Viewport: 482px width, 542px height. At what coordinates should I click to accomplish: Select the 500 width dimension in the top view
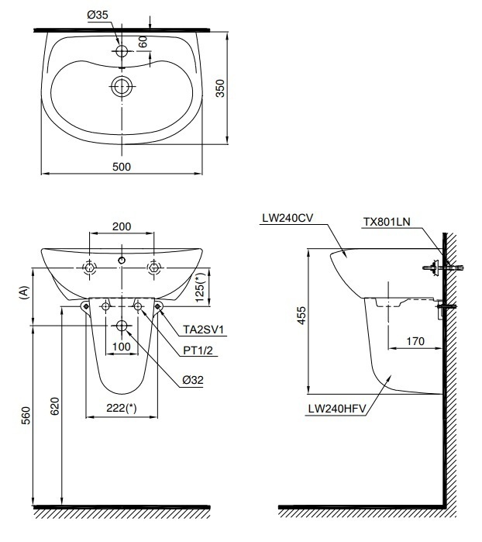pyautogui.click(x=122, y=166)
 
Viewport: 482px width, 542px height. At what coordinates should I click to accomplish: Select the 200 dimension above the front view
pyautogui.click(x=122, y=226)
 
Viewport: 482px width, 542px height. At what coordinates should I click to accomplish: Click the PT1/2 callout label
pyautogui.click(x=198, y=350)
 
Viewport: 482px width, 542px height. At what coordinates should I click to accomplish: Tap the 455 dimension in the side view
pyautogui.click(x=301, y=314)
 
